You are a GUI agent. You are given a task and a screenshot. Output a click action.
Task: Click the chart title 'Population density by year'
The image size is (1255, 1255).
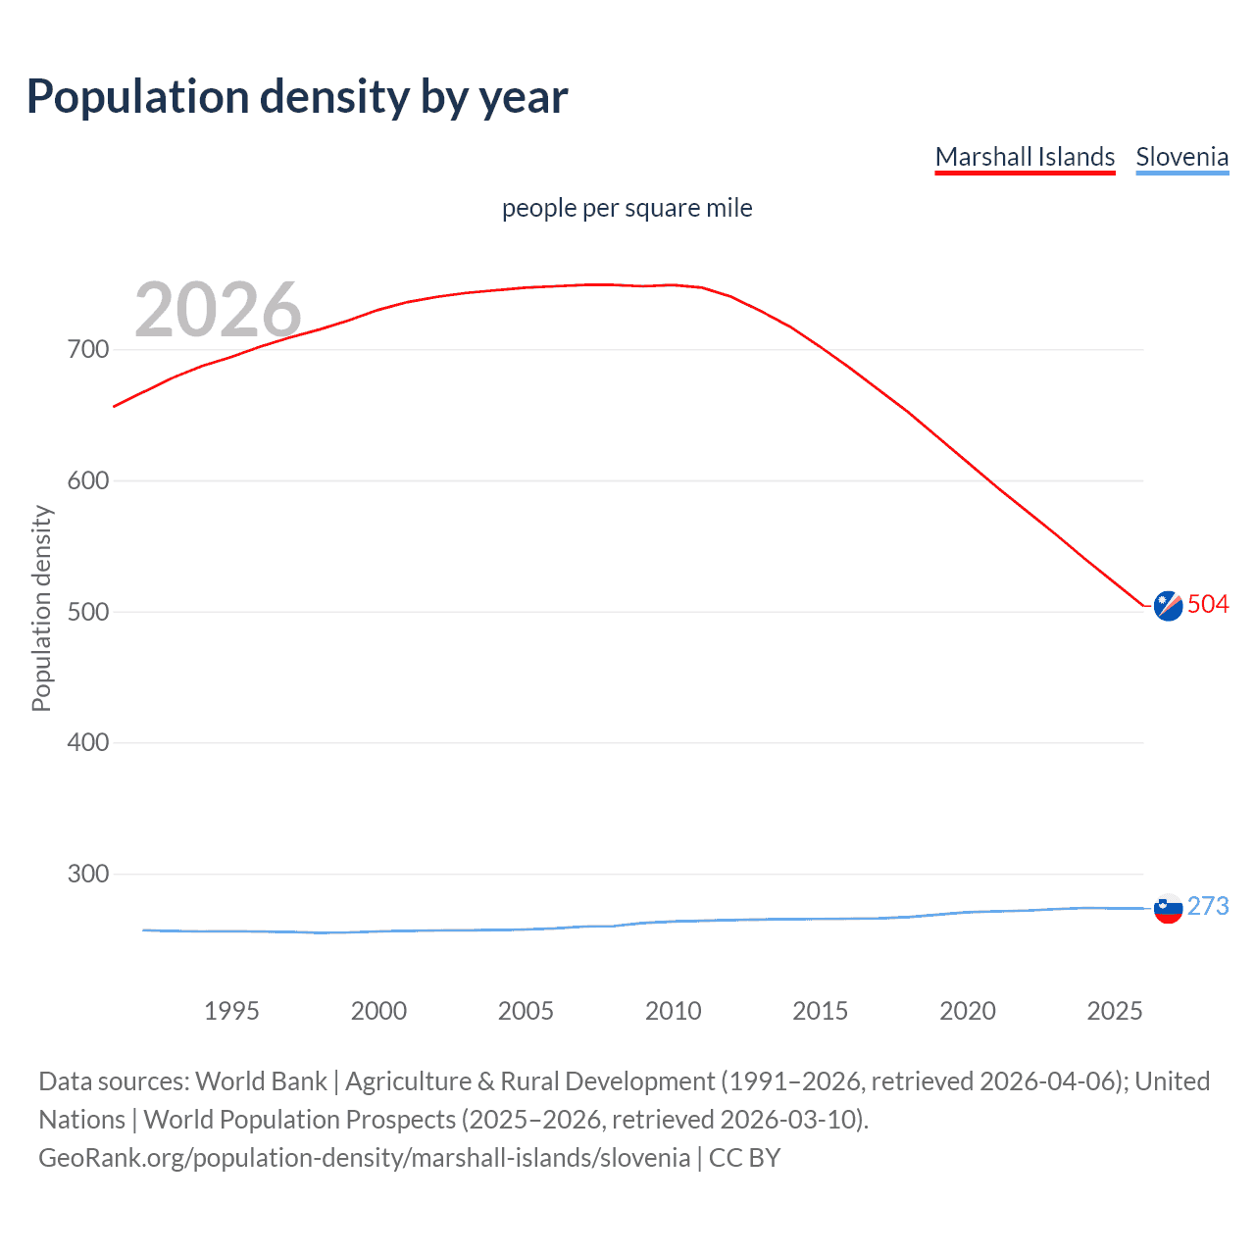(297, 97)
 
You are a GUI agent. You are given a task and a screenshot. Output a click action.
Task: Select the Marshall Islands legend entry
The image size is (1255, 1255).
(1025, 157)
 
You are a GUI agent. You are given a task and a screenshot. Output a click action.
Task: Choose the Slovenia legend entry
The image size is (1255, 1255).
(1181, 157)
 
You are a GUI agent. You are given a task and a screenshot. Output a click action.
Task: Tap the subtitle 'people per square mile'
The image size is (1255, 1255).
(627, 208)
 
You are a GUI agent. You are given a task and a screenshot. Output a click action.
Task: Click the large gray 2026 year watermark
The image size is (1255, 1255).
(218, 309)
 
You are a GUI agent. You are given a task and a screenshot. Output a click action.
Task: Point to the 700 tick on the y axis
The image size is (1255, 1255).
(88, 350)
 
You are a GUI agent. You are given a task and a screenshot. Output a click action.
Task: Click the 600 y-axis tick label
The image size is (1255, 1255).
(88, 480)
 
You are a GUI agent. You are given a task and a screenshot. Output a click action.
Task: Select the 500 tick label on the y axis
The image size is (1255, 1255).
(88, 612)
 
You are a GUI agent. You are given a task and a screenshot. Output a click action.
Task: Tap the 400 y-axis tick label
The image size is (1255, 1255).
(88, 742)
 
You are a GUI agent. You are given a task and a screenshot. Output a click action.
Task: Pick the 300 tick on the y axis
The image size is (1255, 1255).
(88, 874)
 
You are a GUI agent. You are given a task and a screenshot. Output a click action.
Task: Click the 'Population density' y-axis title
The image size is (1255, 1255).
(41, 608)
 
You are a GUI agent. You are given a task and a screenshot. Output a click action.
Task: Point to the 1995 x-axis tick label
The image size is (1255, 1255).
(231, 1011)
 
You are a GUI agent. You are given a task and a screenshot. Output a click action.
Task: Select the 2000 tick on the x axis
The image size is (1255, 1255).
(378, 1011)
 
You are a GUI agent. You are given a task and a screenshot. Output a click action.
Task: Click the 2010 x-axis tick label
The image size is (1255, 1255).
(673, 1011)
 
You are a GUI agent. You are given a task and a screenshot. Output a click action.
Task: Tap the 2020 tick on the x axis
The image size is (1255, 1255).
(968, 1011)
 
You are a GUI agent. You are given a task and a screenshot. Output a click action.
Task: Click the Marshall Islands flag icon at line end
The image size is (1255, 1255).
(1168, 607)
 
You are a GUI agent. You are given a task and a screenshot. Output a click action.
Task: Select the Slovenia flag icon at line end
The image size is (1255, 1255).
(1168, 908)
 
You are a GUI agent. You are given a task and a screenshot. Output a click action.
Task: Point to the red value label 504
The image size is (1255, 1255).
(1208, 604)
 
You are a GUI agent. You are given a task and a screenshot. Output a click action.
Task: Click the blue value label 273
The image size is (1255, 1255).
(1208, 906)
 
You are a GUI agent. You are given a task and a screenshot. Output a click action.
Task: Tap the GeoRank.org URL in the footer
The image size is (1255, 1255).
(364, 1158)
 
